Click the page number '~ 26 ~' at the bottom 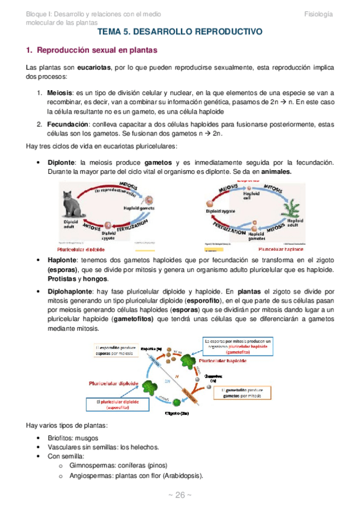click(179, 494)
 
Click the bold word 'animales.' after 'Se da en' click(273, 171)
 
